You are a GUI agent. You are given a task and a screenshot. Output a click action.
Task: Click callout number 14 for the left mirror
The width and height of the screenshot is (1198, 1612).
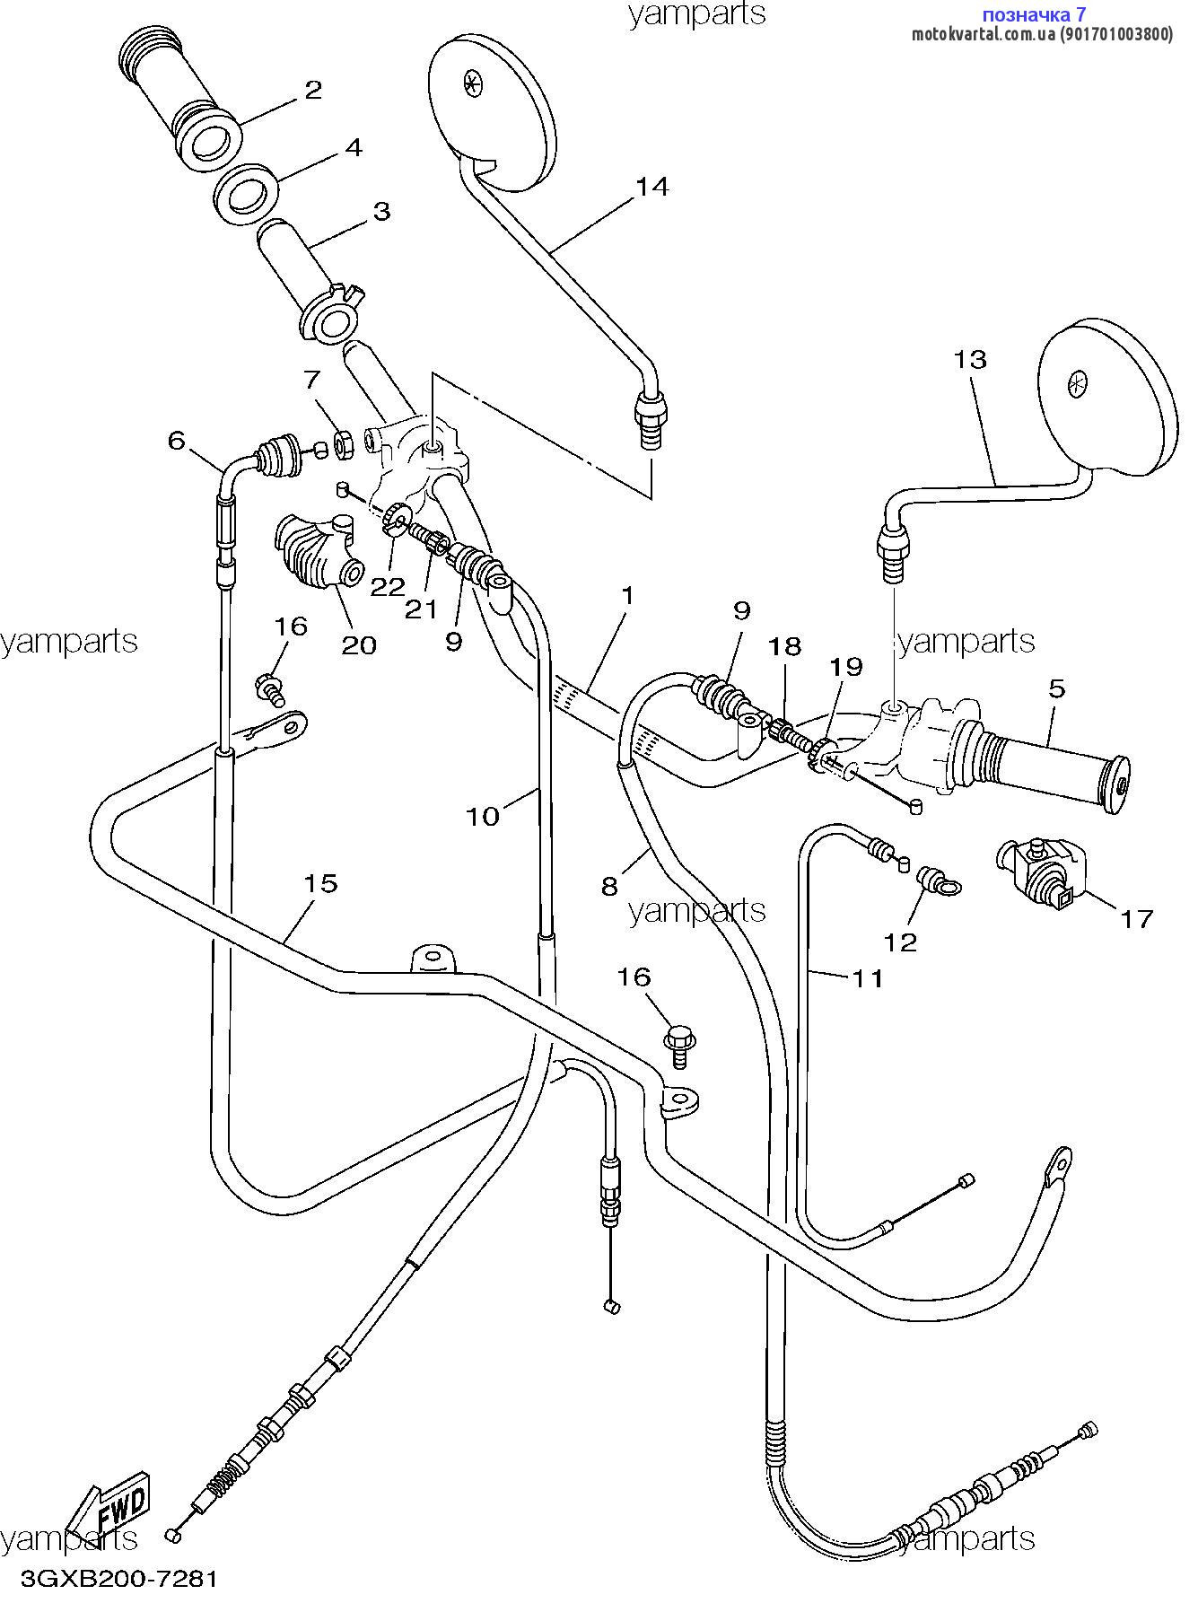point(652,187)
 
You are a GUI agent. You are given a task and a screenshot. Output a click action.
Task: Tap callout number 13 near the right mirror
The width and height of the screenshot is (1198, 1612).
point(970,360)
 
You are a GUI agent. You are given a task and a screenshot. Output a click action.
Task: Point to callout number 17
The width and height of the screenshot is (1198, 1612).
point(1136,918)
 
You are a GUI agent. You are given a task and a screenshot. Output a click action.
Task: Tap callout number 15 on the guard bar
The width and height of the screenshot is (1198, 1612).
point(320,884)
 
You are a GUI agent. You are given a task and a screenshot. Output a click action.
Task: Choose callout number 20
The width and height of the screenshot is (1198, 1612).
point(359,644)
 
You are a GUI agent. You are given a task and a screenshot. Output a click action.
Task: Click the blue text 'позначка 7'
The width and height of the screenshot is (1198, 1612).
point(1035,14)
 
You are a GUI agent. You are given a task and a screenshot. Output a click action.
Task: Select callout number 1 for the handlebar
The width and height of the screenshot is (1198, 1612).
point(627,595)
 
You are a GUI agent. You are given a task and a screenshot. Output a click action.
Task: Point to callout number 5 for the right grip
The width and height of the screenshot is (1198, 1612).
point(1056,688)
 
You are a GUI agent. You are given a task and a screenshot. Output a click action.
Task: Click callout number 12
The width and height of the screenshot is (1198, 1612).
point(900,942)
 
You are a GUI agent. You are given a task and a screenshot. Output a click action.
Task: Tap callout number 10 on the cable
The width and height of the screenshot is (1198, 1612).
point(483,816)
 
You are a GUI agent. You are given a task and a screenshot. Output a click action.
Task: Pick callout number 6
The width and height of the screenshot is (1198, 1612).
point(176,441)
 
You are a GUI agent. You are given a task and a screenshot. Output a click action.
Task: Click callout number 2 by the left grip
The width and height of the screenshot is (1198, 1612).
point(313,90)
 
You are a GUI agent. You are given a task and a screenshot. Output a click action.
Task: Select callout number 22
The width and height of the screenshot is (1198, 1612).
point(388,585)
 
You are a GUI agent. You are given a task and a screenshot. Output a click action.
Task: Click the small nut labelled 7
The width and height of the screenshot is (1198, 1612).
point(342,442)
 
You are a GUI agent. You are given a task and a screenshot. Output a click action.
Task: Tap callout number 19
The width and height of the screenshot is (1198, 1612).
point(845,667)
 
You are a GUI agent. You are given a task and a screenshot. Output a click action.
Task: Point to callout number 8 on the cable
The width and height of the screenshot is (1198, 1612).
point(609,887)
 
